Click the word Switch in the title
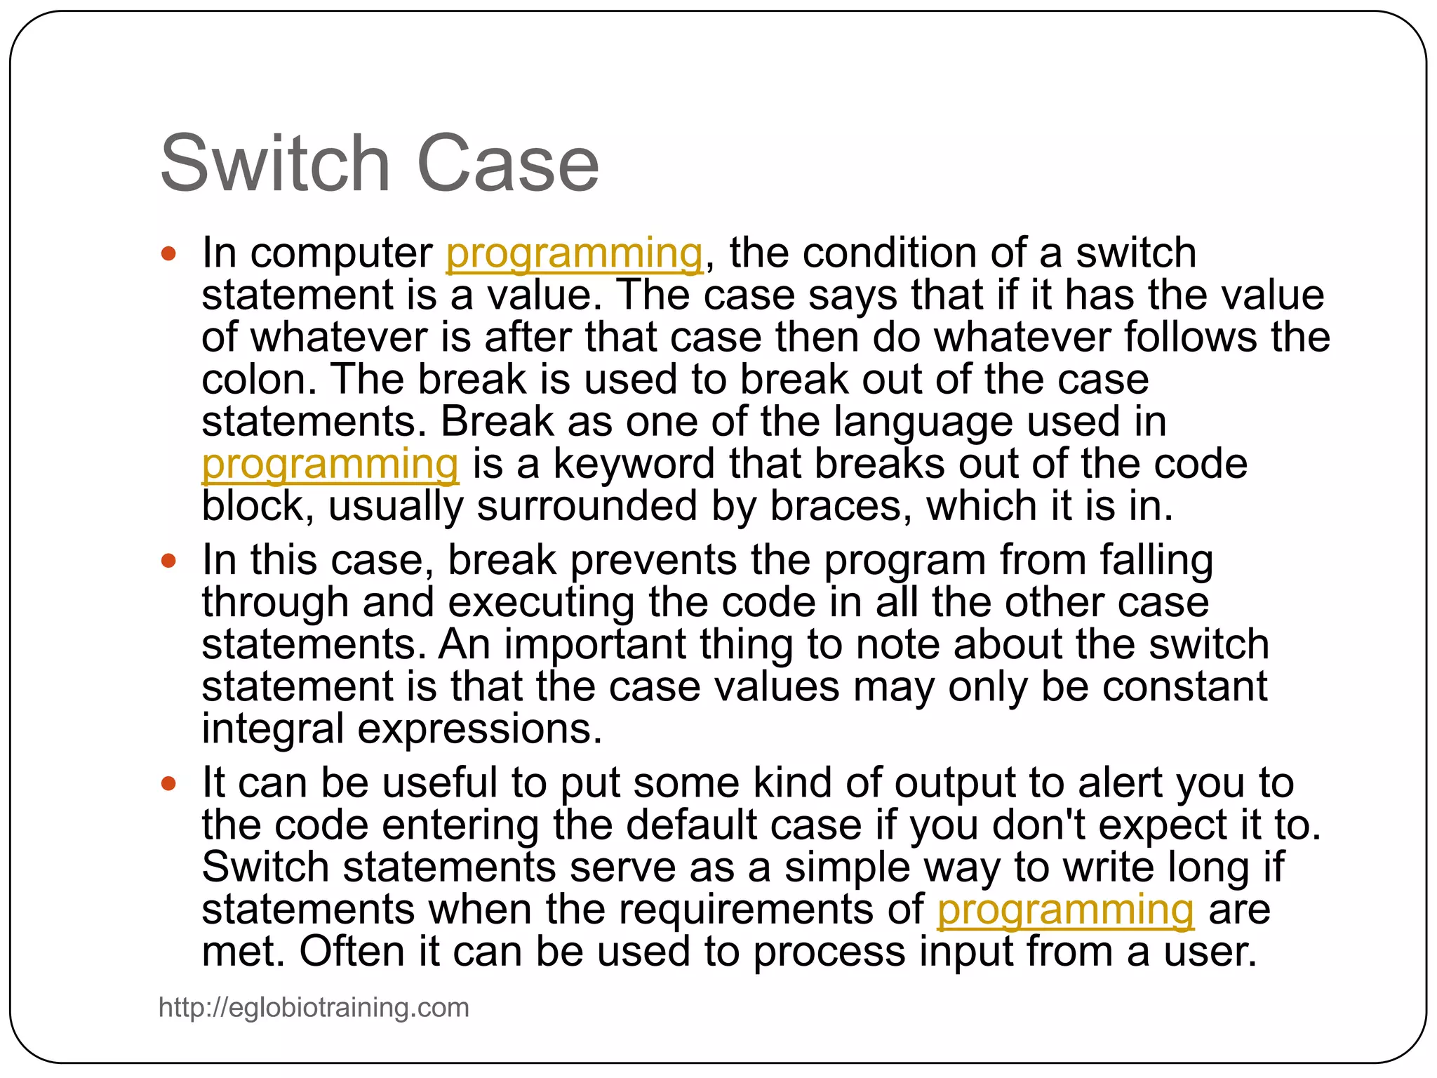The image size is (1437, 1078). (274, 164)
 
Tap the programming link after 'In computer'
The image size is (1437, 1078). (574, 253)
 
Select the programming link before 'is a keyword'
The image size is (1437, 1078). (330, 465)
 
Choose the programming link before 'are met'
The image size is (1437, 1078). (1065, 910)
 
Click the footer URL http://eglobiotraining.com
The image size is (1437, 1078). (314, 1007)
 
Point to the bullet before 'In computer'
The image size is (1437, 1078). (168, 253)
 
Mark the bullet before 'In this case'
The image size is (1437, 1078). (168, 561)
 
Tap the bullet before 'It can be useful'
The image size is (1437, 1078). (168, 783)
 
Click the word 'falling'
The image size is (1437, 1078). (1156, 561)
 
